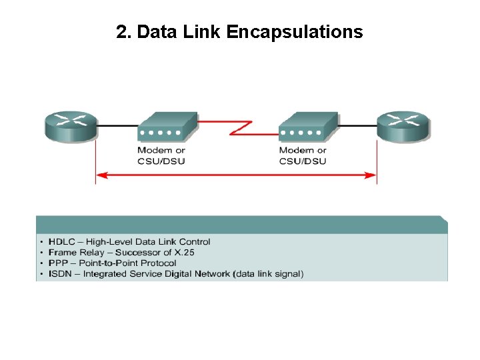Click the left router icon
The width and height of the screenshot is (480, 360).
70,126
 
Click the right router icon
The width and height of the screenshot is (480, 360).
403,126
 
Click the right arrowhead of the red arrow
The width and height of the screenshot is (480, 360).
371,176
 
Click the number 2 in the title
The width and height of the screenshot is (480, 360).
121,32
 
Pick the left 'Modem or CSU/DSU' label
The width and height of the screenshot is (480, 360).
161,155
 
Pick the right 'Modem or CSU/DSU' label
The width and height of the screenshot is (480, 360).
303,155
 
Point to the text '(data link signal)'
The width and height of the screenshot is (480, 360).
267,274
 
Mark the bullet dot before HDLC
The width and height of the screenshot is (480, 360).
42,242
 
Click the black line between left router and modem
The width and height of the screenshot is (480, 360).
117,124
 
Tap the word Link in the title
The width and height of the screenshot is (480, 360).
203,32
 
